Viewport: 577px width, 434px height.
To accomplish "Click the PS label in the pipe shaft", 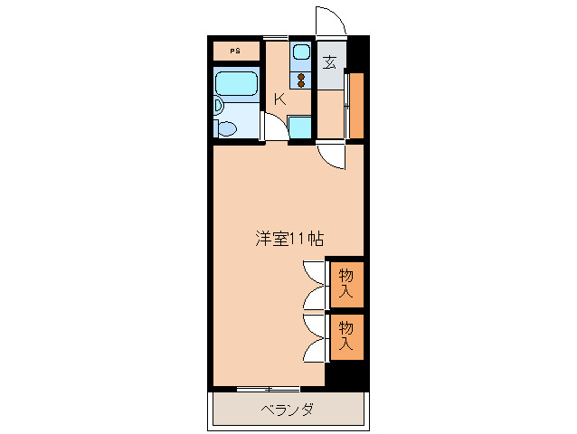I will [x=235, y=51].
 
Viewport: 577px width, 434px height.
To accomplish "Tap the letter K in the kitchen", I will [x=280, y=99].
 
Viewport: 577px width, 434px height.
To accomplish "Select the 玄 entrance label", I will [x=330, y=62].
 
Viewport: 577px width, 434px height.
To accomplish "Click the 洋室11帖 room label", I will [x=288, y=240].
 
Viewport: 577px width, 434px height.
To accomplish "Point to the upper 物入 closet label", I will [x=346, y=283].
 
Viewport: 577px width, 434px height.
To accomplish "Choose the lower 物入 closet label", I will [x=346, y=335].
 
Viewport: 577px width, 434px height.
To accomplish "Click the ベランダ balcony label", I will [x=288, y=410].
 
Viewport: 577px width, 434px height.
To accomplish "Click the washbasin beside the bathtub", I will [x=217, y=106].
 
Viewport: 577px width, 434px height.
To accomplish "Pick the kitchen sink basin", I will [x=301, y=52].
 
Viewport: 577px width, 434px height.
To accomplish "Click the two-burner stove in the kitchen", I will [x=301, y=78].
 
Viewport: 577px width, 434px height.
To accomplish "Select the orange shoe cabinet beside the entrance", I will [x=356, y=104].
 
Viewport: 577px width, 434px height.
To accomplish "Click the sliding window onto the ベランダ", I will [x=269, y=389].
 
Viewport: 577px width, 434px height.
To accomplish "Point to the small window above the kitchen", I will [x=276, y=37].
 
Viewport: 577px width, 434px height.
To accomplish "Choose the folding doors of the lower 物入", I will [x=315, y=335].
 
